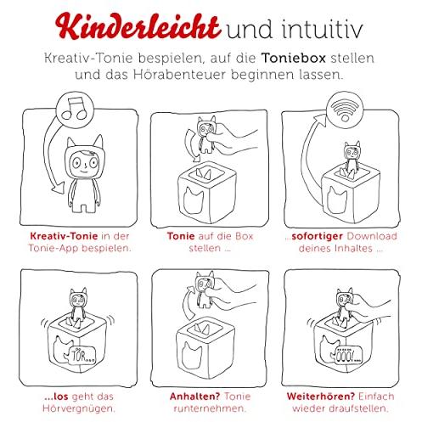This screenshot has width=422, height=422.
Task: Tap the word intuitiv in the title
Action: (x=322, y=29)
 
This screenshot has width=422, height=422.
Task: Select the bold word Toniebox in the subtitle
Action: (x=294, y=58)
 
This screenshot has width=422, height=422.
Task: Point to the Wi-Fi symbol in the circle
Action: (x=345, y=110)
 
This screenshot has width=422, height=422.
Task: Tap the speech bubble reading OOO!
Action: (x=346, y=355)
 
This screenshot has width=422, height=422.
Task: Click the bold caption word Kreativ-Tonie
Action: (x=64, y=236)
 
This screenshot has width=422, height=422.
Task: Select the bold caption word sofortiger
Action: (x=318, y=236)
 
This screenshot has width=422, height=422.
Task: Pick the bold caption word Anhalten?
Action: (x=194, y=397)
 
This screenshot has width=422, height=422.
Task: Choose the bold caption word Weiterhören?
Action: (x=321, y=397)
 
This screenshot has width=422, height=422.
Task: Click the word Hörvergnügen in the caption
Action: (x=78, y=408)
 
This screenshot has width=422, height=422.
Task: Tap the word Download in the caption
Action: (x=372, y=236)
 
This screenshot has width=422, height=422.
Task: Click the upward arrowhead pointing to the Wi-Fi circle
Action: (x=321, y=120)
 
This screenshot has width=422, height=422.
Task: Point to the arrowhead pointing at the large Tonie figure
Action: (x=58, y=189)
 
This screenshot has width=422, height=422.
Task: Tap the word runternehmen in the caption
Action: (x=209, y=408)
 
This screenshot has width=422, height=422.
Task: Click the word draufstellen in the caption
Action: (x=357, y=408)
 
